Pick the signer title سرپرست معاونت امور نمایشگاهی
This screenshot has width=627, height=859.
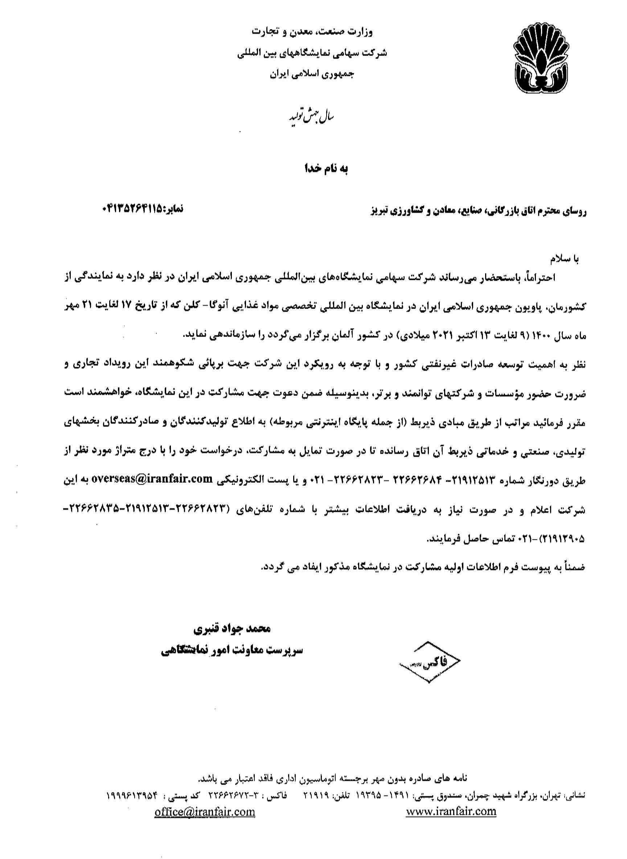(x=230, y=651)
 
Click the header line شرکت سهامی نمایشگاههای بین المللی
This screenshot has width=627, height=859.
(x=312, y=53)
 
